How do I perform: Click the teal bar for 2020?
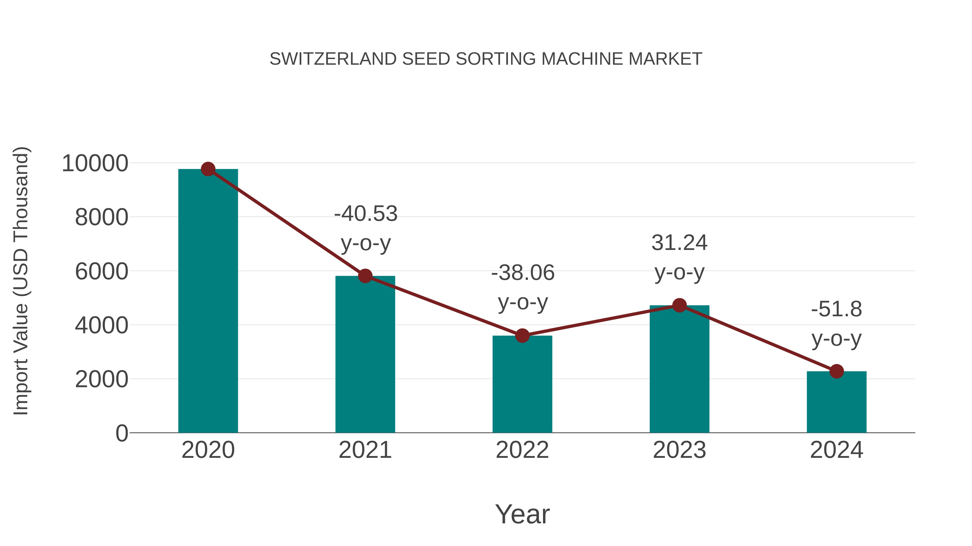(208, 301)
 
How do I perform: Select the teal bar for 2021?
(365, 354)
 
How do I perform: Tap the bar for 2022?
(522, 384)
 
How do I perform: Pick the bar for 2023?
(679, 369)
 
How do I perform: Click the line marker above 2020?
(208, 169)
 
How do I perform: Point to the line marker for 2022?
(522, 335)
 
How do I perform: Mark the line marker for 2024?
(836, 371)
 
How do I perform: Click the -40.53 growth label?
(366, 214)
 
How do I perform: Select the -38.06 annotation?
(523, 272)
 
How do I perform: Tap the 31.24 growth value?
(679, 243)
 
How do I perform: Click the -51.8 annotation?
(836, 309)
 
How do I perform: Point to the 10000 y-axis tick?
(95, 164)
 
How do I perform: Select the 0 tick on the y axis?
(122, 433)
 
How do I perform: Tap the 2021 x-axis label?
(365, 450)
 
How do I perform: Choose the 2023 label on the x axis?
(679, 450)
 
